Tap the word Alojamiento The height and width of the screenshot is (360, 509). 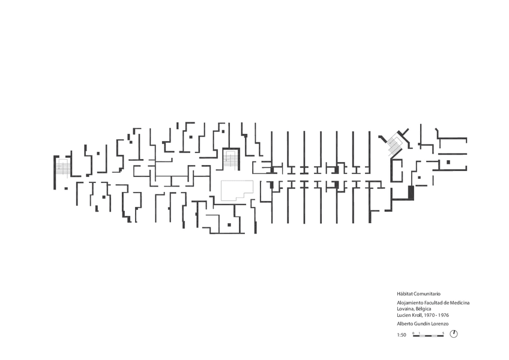coord(410,304)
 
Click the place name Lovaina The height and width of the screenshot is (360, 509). coord(406,309)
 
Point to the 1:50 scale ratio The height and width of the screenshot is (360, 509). coord(402,334)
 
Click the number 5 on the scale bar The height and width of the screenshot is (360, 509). coord(443,332)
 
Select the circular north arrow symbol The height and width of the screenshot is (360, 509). coord(454,334)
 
